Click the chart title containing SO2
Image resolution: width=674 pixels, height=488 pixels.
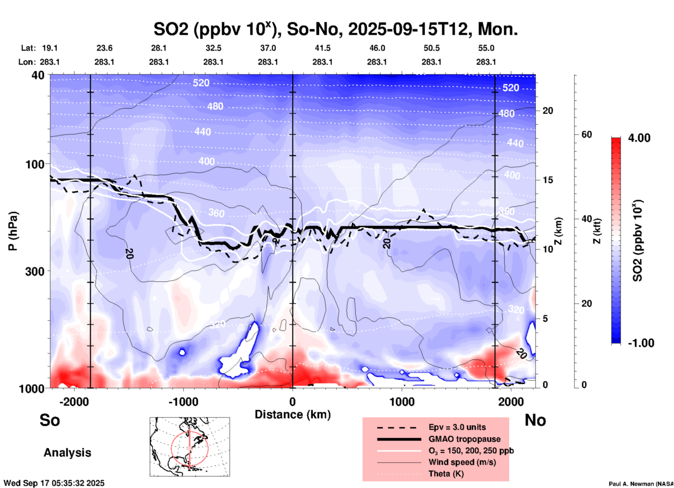[335, 29]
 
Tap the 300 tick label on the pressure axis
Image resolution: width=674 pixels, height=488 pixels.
[35, 271]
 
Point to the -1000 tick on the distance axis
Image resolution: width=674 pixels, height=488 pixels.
[183, 402]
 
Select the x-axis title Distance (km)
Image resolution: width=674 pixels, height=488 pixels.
[293, 414]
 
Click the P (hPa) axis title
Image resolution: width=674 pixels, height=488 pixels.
[13, 231]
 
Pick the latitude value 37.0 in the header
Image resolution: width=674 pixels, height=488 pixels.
[268, 48]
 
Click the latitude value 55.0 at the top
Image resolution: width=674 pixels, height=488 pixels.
[486, 48]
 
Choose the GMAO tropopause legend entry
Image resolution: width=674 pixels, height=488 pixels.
[464, 439]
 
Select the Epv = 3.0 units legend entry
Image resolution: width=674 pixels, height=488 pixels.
[457, 427]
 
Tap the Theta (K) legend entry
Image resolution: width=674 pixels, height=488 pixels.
[446, 474]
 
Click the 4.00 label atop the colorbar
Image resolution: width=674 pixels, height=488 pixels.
[639, 138]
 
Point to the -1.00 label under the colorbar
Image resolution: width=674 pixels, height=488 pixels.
[641, 343]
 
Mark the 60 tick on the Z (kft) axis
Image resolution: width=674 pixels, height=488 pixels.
[587, 134]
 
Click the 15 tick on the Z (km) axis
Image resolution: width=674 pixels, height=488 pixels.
[548, 180]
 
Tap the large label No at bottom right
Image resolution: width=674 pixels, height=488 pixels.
[535, 420]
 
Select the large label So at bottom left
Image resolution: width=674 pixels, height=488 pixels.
[50, 420]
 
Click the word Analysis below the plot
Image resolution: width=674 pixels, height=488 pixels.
[67, 453]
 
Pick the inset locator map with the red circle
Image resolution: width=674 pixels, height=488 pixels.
[190, 447]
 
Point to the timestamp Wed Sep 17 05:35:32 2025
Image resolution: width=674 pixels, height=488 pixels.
[54, 483]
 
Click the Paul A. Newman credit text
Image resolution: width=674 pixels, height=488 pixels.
[641, 484]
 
